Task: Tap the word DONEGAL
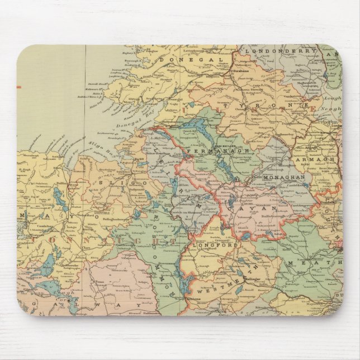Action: [182, 58]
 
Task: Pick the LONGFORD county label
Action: [215, 245]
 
